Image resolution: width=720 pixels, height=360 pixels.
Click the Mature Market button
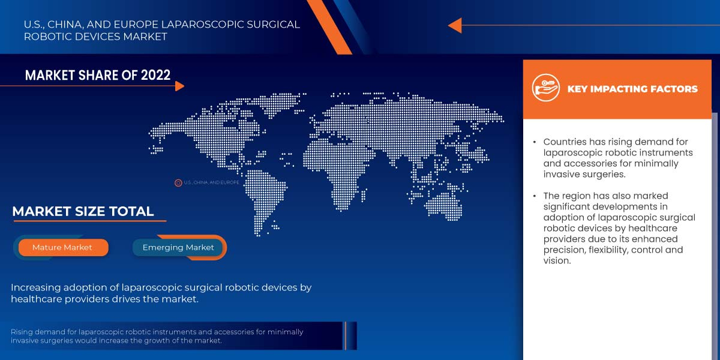coord(62,247)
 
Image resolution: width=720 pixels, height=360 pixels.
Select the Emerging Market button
coord(178,247)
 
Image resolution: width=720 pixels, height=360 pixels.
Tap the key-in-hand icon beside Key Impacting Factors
coord(545,88)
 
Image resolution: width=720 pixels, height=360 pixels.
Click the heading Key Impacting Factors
coord(632,89)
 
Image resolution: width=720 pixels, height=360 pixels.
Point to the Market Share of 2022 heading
coord(98,75)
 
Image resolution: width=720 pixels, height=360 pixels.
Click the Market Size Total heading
coord(83,211)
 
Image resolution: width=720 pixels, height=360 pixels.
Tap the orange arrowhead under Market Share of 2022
coord(179,86)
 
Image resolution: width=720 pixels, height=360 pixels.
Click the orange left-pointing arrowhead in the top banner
coord(454,25)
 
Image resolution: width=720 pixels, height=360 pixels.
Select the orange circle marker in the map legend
coord(178,182)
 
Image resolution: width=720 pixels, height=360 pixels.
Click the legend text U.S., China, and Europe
coord(211,182)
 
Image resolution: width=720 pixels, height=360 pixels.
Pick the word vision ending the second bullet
coord(556,260)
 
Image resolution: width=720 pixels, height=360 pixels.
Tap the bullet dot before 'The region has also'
coord(535,196)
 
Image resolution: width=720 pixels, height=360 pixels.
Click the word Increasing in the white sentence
coord(36,287)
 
